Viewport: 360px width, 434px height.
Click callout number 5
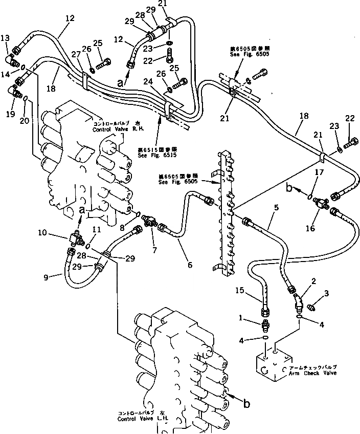tap(276, 208)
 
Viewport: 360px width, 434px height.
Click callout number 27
tap(75, 55)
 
